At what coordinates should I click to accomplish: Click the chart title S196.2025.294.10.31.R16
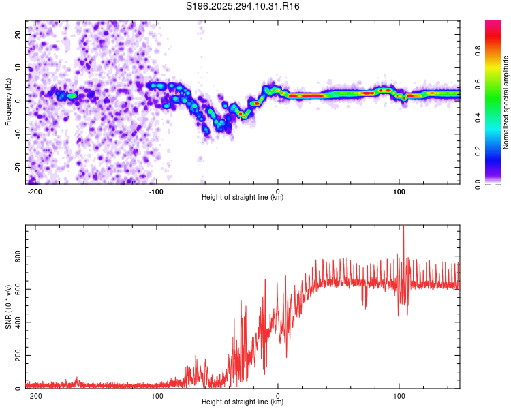[243, 6]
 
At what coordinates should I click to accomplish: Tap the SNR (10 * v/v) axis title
[8, 307]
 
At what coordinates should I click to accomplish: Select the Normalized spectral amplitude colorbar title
[506, 102]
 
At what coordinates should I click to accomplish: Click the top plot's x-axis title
[243, 197]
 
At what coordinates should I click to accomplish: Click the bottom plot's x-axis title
[243, 402]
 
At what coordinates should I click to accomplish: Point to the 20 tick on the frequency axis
[18, 34]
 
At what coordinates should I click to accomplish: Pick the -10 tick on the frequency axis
[17, 134]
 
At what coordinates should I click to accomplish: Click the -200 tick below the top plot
[35, 191]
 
